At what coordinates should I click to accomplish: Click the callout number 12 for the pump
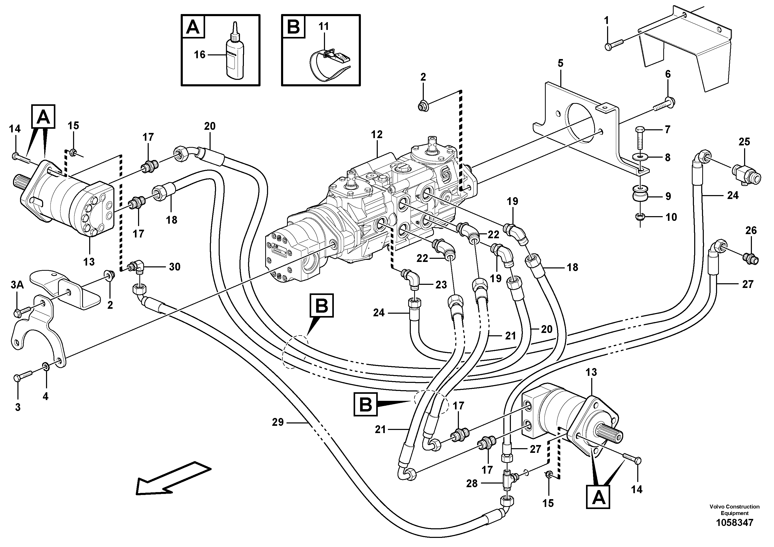point(377,134)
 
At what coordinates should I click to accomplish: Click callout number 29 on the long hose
point(278,422)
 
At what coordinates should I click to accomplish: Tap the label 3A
point(17,285)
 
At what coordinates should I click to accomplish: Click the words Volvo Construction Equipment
point(734,510)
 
